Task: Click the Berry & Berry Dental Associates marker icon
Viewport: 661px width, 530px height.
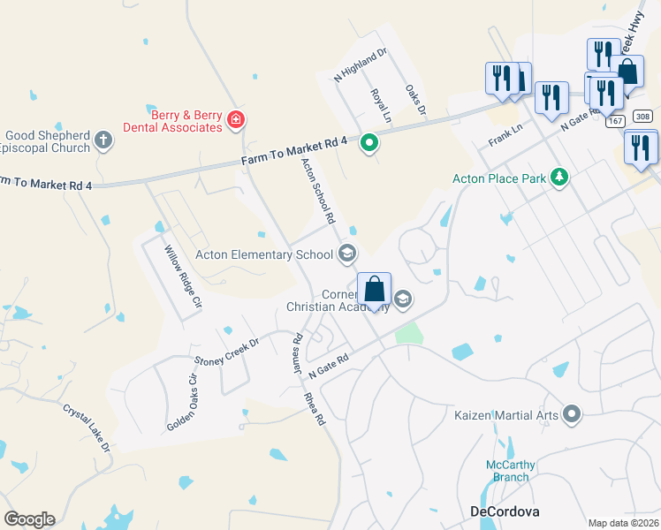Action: (235, 119)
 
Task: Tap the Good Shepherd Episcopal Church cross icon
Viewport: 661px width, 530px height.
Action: (103, 140)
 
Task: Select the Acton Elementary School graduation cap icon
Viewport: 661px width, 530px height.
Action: (348, 255)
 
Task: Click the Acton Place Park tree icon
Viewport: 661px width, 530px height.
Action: (558, 178)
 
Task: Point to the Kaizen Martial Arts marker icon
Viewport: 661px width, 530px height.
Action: (572, 413)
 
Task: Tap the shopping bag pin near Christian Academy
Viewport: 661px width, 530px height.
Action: (375, 290)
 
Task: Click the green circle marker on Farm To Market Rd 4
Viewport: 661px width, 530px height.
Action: (369, 141)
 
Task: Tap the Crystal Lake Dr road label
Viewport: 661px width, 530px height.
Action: (87, 429)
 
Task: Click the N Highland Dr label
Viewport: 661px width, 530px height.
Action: (361, 66)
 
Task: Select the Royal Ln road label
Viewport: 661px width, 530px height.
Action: (381, 104)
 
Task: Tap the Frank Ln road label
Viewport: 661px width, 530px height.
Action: (506, 135)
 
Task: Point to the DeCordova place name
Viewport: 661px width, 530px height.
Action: (503, 511)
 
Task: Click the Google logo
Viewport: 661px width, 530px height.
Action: (29, 519)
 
